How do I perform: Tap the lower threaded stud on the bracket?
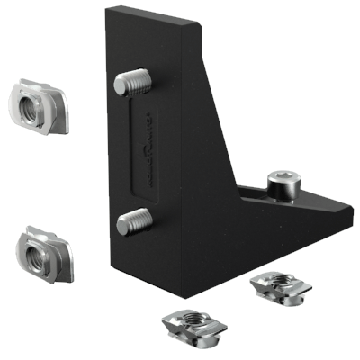point(134,219)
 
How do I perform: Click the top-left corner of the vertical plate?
point(106,9)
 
